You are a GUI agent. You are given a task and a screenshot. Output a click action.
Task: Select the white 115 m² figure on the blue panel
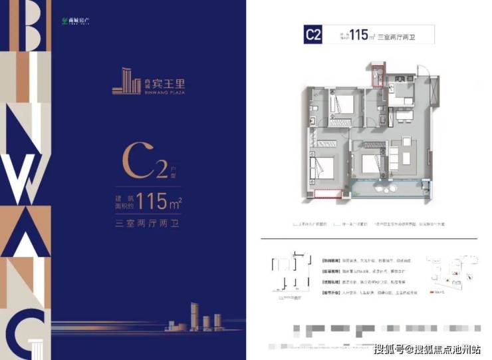pos(158,200)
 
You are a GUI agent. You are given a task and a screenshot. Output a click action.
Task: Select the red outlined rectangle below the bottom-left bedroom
pos(328,195)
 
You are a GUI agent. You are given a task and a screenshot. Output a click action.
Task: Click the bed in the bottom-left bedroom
pos(324,169)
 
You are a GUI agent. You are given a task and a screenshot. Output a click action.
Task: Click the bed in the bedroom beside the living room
pos(369,162)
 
